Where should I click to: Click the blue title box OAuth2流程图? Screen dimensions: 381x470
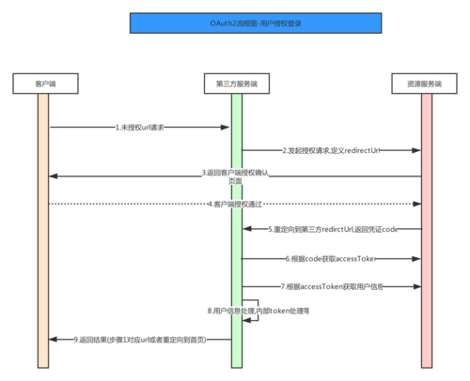235,22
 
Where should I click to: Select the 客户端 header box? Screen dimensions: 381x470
42,84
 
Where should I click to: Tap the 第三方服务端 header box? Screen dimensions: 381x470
236,84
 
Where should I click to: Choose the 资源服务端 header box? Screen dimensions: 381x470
426,84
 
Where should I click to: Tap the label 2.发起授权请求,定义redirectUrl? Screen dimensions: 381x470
330,150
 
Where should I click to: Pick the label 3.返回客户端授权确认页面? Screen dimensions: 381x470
235,176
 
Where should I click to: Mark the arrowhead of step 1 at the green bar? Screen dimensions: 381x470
227,126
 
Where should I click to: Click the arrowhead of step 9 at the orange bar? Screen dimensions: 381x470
51,338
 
